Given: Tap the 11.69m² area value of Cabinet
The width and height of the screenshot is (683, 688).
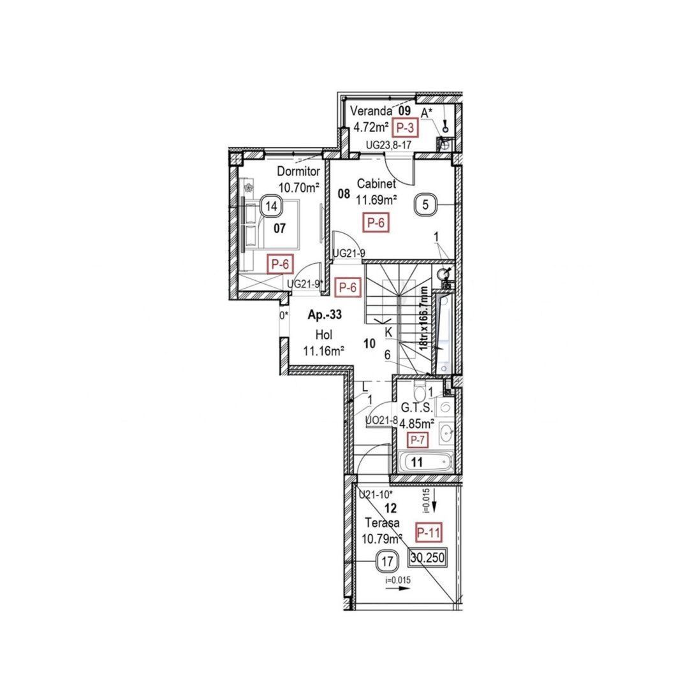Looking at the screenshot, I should point(376,199).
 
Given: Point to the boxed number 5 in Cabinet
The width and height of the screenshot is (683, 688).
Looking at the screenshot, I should point(425,204).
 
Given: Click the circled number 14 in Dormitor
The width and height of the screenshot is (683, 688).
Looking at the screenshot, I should point(272,206).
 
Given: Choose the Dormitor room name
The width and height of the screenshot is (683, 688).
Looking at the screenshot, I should point(298,171).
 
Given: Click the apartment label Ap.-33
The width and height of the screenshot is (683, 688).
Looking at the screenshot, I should point(325,315).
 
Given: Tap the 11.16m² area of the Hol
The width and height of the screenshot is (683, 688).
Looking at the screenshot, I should point(323,350).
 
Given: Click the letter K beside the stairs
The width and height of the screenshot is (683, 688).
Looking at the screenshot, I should point(388,332).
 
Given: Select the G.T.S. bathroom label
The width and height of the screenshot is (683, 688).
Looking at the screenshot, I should point(416,408).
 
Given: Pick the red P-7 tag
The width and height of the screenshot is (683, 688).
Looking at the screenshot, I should point(418,439).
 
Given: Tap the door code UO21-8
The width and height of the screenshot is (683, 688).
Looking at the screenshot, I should point(381,420).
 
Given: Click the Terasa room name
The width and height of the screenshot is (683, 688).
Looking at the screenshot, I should point(382,523).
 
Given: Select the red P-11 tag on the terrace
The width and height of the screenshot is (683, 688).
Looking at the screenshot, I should point(428,532).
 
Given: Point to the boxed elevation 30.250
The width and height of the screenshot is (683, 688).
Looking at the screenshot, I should point(427,557).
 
